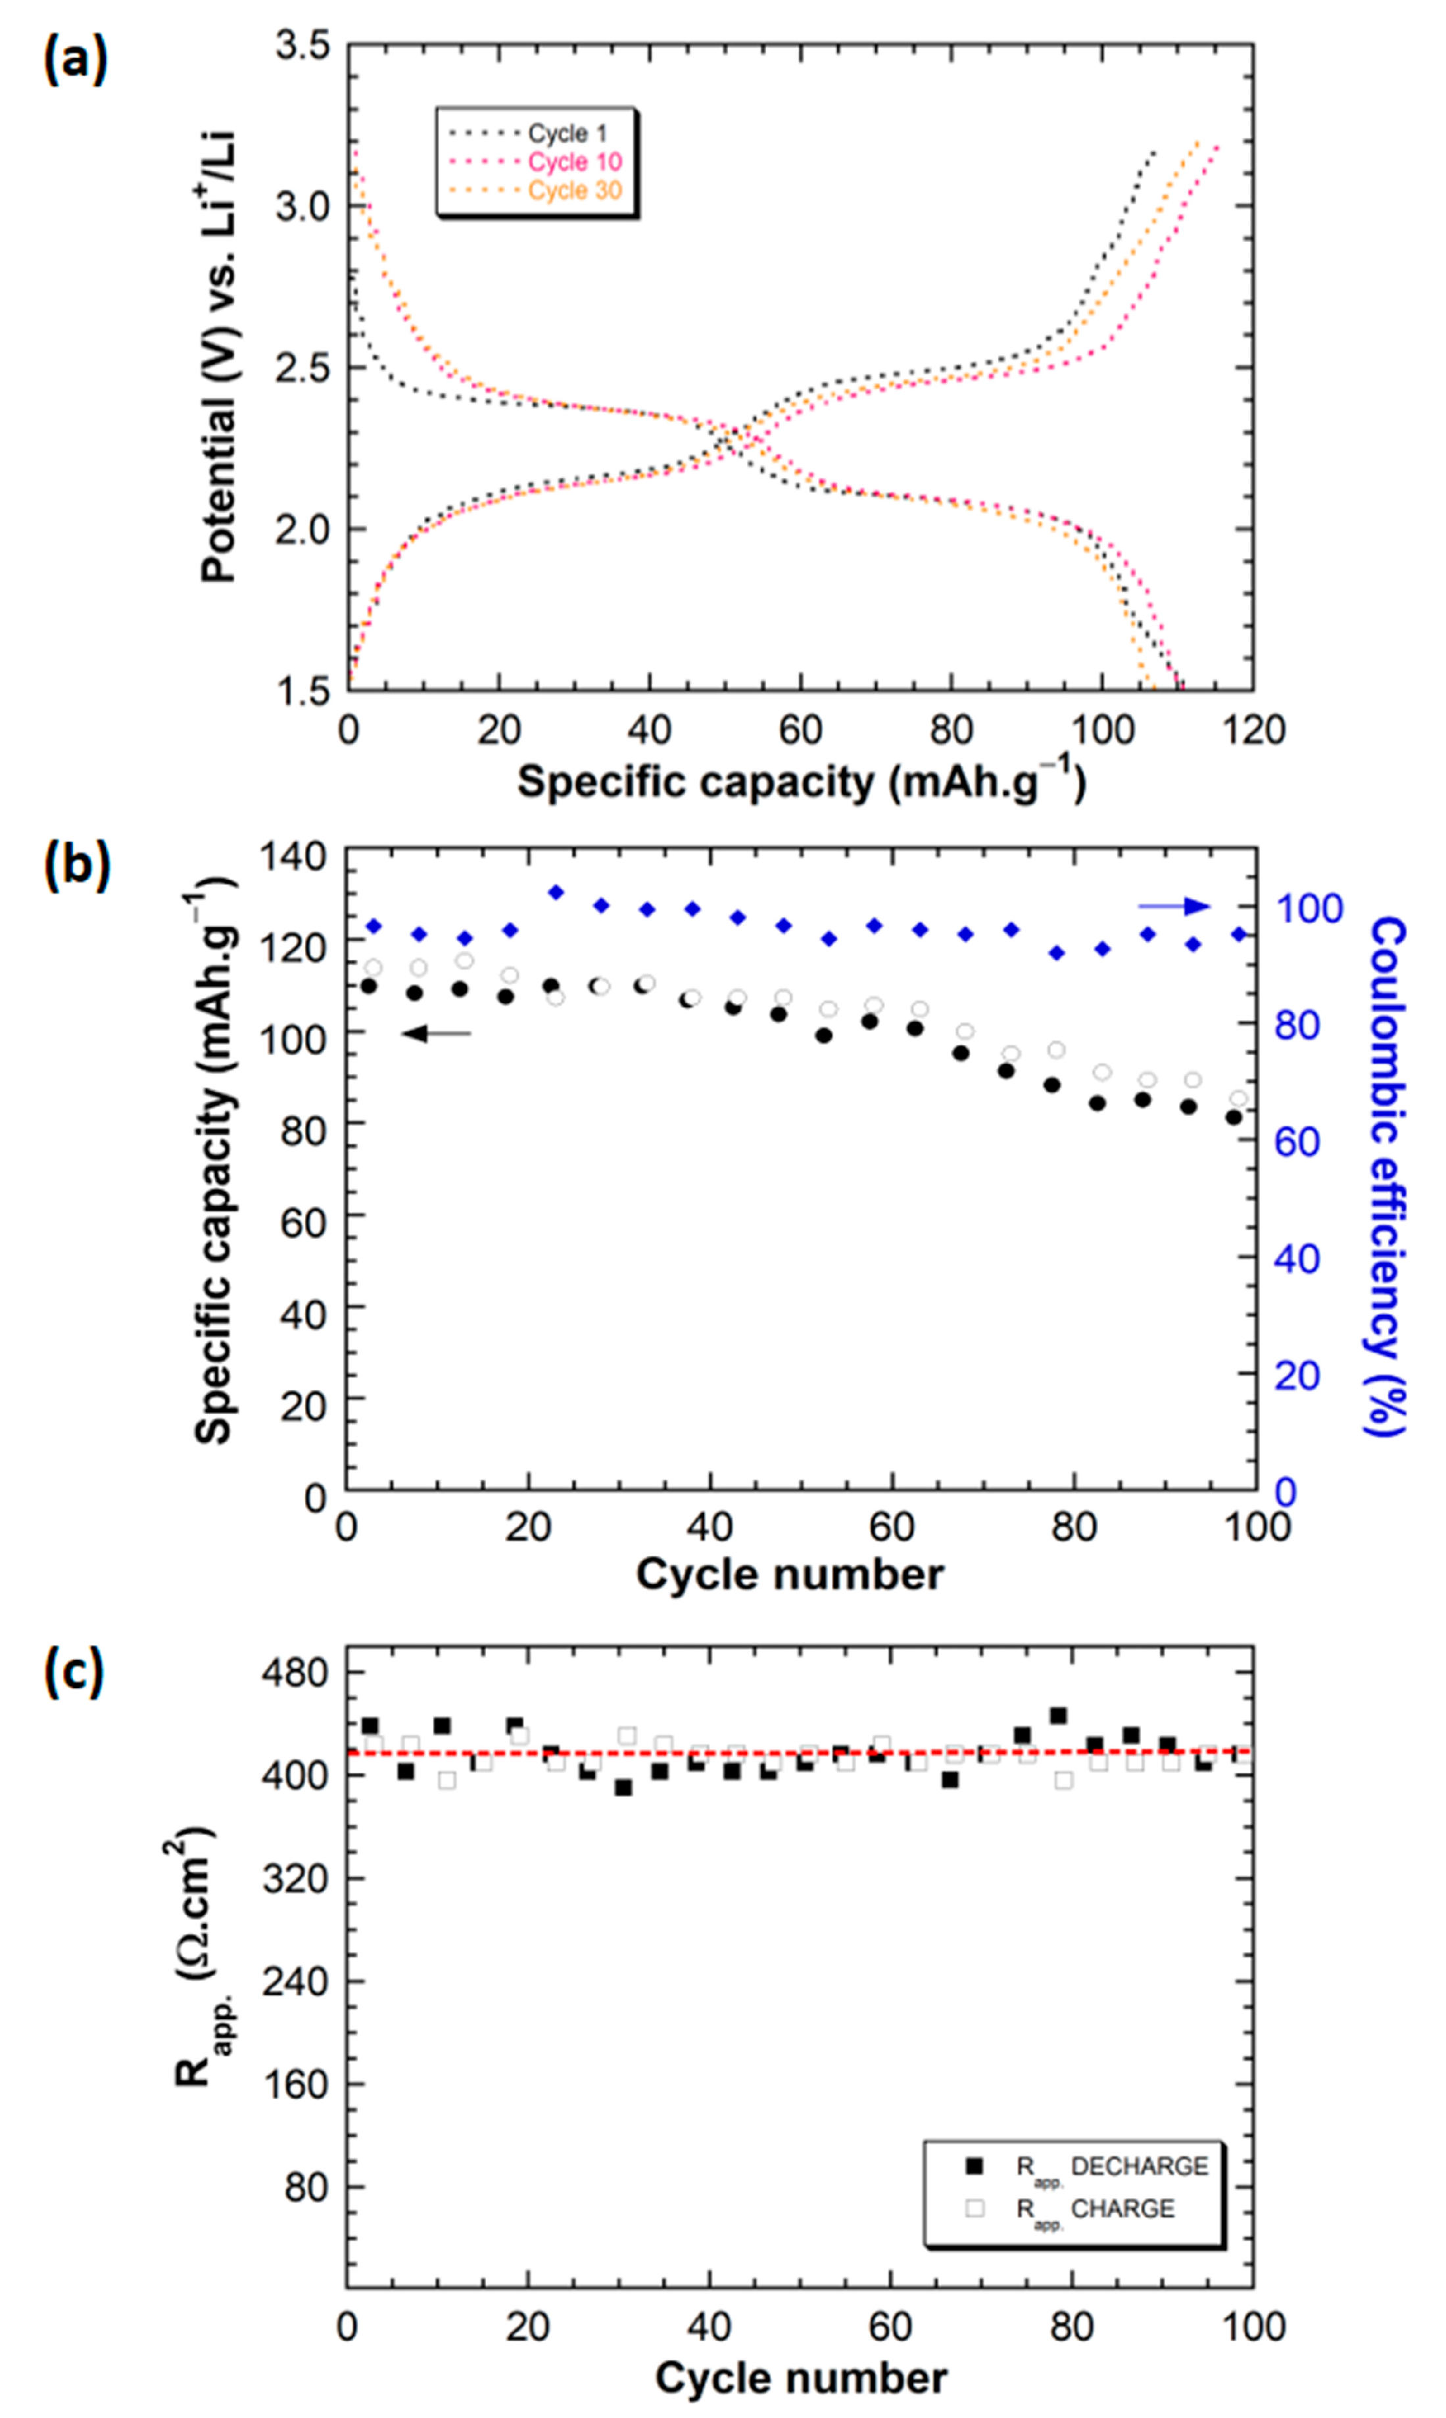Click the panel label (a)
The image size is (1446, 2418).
[x=75, y=61]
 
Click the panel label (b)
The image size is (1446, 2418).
[x=77, y=865]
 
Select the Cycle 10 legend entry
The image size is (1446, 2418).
[x=574, y=162]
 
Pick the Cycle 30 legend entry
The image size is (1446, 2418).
[x=574, y=190]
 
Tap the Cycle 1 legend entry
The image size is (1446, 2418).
[x=566, y=133]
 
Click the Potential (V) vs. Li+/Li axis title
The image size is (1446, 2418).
[x=219, y=356]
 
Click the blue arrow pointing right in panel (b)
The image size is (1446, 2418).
[x=1174, y=907]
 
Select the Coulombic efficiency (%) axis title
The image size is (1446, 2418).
[x=1386, y=1177]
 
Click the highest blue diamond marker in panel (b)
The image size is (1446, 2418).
[x=556, y=892]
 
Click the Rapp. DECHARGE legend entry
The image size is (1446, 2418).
[x=1111, y=2165]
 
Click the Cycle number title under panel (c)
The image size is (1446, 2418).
[x=800, y=2378]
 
